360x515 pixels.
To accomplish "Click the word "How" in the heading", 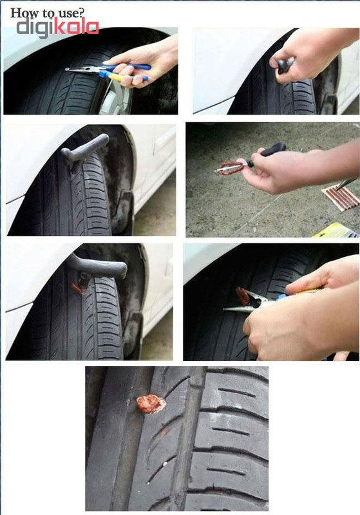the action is click(21, 13).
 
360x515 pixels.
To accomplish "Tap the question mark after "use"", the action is click(81, 12).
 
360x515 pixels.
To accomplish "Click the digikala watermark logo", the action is click(57, 27).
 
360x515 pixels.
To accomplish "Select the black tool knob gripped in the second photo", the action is click(285, 66).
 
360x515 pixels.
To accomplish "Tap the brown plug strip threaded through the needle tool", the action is click(231, 167).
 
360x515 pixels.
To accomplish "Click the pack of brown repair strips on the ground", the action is click(341, 196).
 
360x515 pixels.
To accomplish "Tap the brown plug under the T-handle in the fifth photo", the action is click(78, 285).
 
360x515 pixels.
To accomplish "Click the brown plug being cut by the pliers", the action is click(242, 295).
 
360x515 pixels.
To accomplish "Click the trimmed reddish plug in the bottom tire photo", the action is click(150, 404).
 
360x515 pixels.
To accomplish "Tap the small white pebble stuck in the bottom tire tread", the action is click(165, 464).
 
